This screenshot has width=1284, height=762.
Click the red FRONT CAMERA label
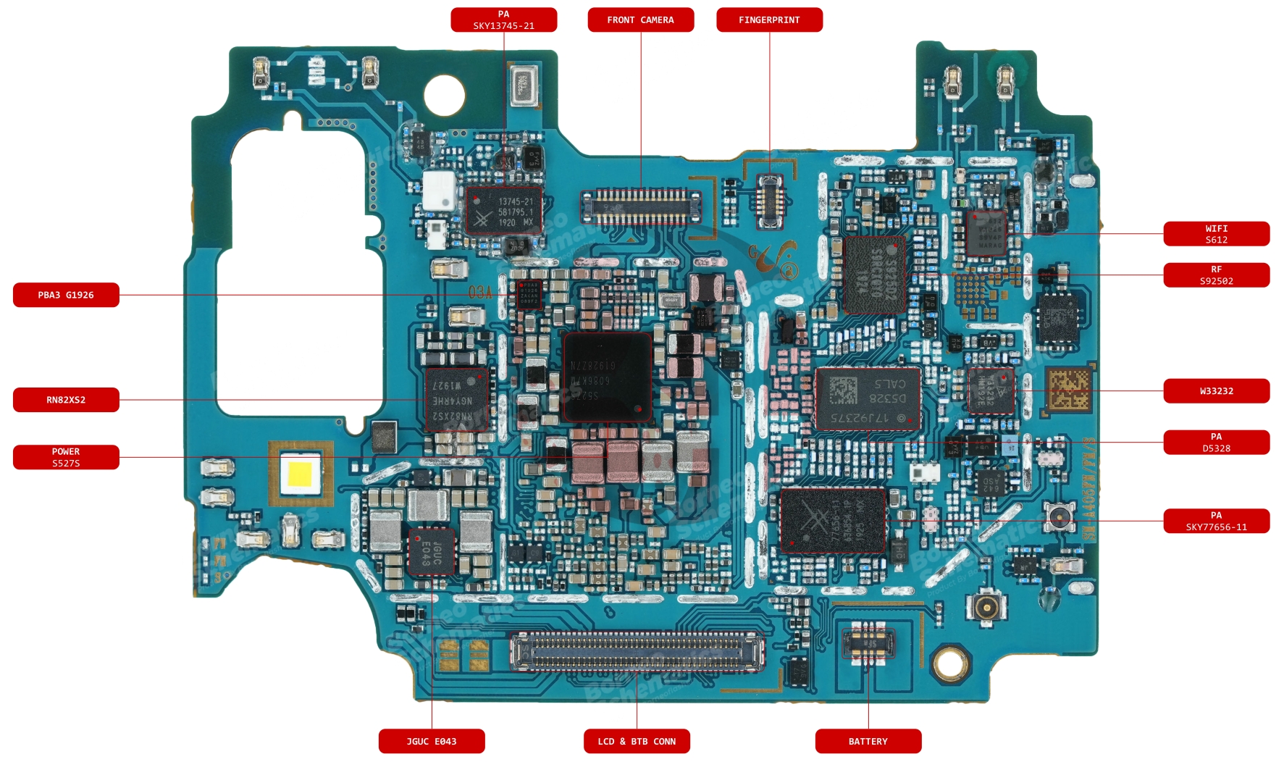pos(640,20)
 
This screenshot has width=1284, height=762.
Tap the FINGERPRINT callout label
pos(769,20)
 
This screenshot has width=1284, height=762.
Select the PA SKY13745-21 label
pos(503,20)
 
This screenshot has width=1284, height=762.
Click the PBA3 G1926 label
pos(66,295)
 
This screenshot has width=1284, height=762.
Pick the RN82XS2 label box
pos(66,400)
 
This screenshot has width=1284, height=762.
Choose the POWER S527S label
pos(66,457)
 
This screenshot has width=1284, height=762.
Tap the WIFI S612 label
pos(1216,234)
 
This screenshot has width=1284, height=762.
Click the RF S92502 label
pos(1216,275)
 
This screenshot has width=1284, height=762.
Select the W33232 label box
pos(1216,391)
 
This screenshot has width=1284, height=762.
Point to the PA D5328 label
pos(1216,443)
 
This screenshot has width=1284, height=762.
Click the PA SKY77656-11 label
pos(1216,521)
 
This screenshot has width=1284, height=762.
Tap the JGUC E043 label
pos(432,741)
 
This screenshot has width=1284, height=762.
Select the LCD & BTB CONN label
pos(637,741)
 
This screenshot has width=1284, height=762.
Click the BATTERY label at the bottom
pos(868,741)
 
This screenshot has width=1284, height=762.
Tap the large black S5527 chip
pos(607,377)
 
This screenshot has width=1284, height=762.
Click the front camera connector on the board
pos(641,206)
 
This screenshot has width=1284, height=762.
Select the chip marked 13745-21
pos(503,211)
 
